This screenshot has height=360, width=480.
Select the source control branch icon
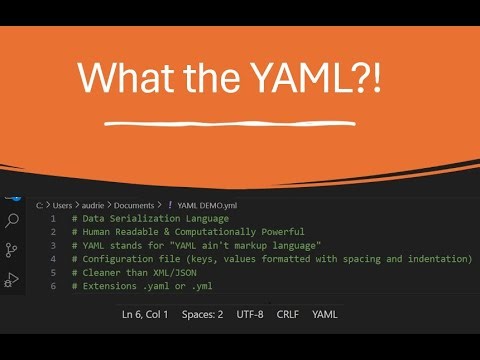(x=13, y=250)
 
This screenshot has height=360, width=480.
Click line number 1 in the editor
(x=52, y=218)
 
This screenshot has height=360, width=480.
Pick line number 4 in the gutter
(x=52, y=259)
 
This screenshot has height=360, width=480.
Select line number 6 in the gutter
(x=52, y=286)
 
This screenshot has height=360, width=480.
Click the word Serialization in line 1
(x=146, y=218)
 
